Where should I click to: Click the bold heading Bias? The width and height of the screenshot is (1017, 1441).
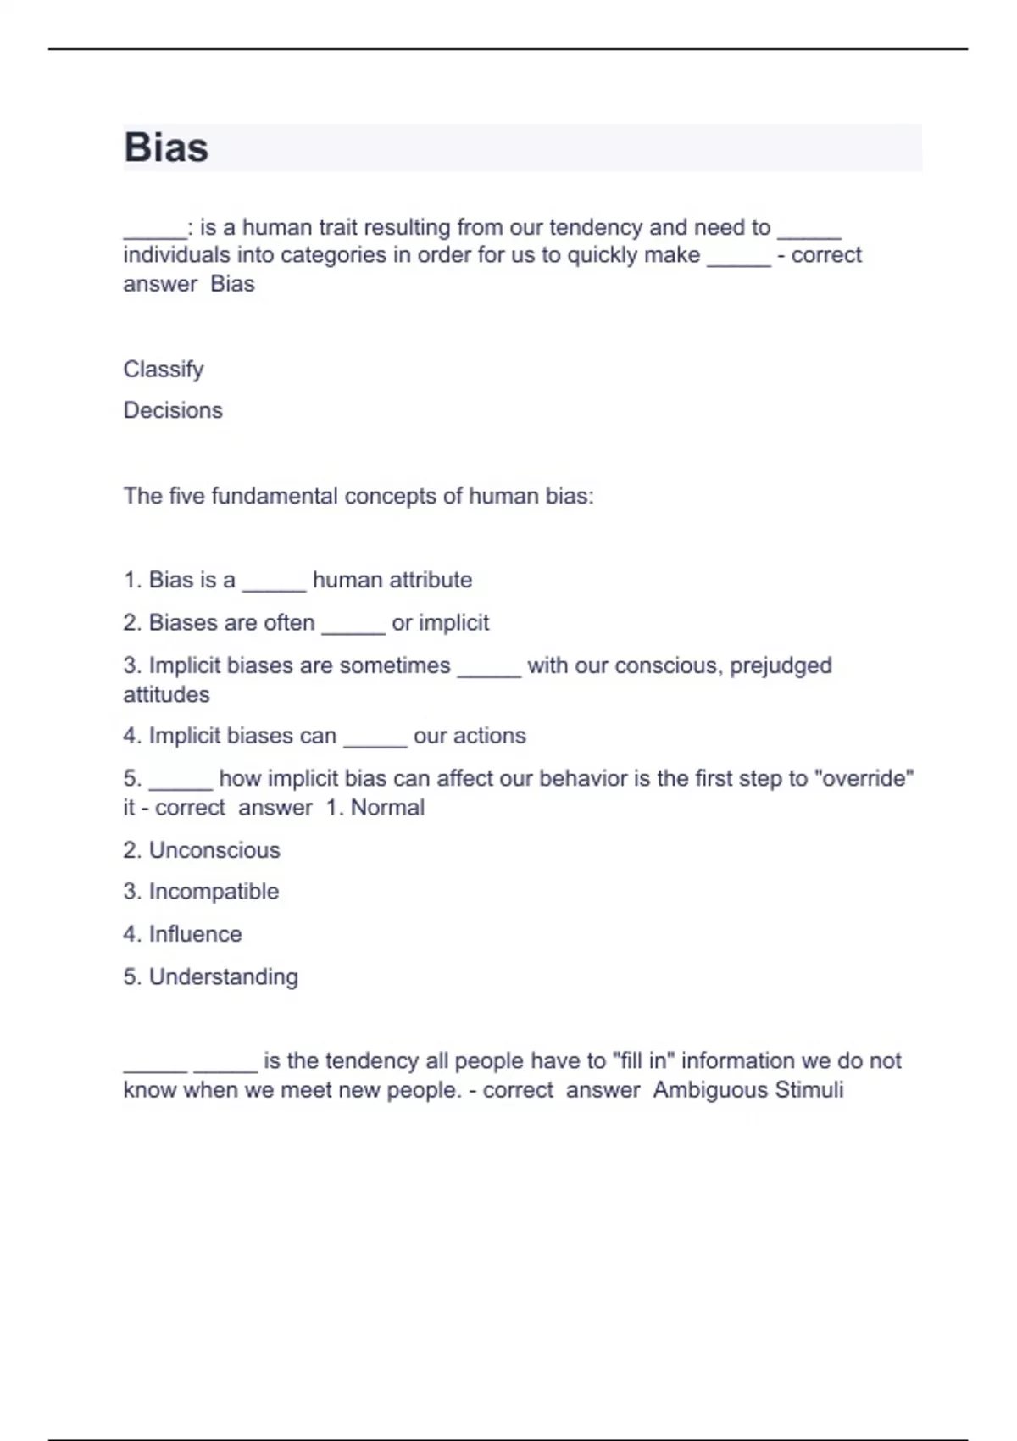166,147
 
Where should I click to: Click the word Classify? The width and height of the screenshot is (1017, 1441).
164,370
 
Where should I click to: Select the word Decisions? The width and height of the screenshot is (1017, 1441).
173,410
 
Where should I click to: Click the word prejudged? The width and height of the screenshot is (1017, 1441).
781,665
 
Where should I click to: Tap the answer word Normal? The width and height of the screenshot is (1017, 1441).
387,807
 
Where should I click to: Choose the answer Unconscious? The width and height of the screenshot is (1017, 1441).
214,850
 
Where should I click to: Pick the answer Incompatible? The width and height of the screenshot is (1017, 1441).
214,892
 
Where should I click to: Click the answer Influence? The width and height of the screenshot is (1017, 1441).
195,934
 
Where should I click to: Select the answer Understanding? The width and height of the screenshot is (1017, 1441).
224,977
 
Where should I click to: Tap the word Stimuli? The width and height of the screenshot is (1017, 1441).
809,1090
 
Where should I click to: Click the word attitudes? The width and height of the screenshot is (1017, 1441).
166,695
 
